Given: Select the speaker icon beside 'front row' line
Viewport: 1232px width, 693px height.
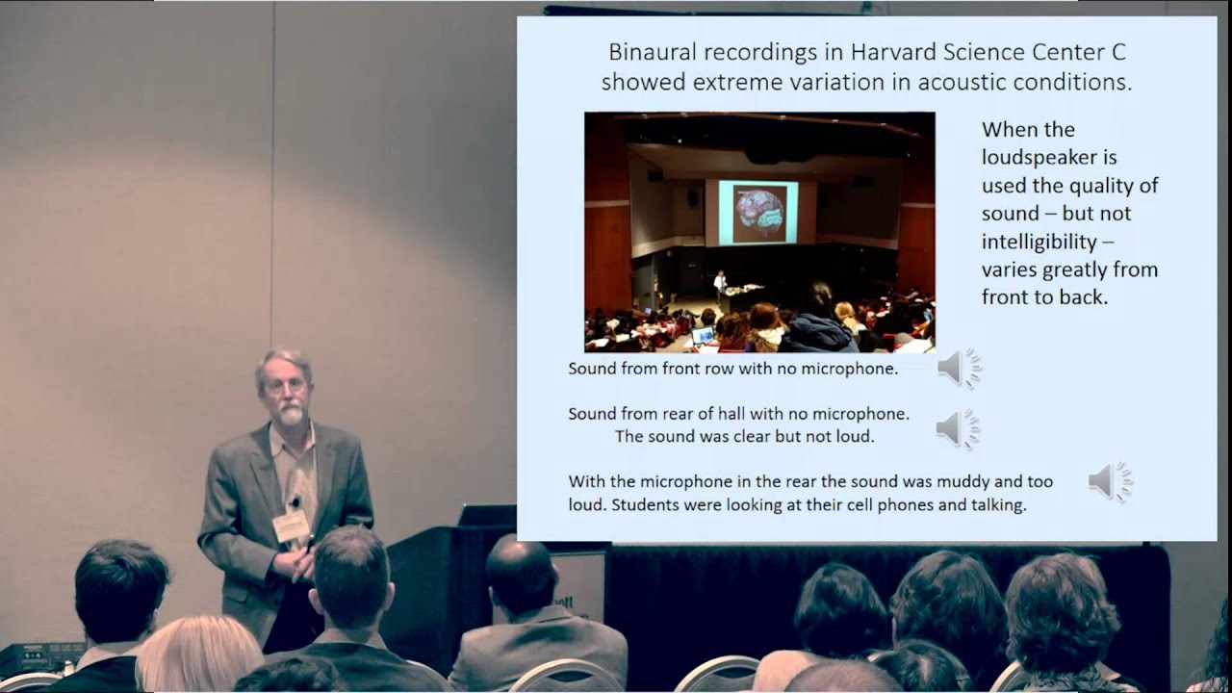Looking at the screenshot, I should pyautogui.click(x=959, y=368).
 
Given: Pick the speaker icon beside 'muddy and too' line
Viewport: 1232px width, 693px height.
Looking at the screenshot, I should pyautogui.click(x=1110, y=481).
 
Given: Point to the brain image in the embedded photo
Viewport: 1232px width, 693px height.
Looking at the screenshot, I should pyautogui.click(x=758, y=212).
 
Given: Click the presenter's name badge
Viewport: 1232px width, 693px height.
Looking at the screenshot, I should pyautogui.click(x=291, y=526).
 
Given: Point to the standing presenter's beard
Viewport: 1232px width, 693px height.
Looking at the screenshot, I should pyautogui.click(x=290, y=414).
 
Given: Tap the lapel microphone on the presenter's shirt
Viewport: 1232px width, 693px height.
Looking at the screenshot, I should pyautogui.click(x=295, y=501).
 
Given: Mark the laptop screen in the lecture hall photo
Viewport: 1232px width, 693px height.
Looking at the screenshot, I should pyautogui.click(x=704, y=336).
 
